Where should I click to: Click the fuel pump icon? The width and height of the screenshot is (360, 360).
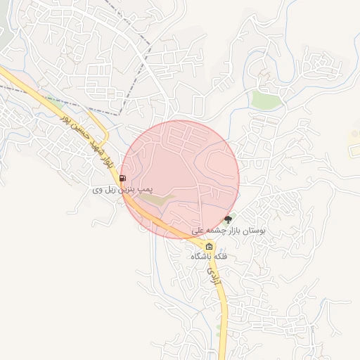click(124, 178)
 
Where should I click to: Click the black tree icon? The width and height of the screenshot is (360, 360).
click(227, 219)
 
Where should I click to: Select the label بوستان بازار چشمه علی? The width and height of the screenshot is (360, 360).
click(229, 231)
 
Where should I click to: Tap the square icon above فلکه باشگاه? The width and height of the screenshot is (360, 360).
click(209, 245)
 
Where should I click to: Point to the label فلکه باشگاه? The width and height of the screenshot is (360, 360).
click(210, 257)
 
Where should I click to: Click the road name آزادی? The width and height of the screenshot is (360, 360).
click(216, 272)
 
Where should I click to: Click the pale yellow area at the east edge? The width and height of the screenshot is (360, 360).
click(354, 146)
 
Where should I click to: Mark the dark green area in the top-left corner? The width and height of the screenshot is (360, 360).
click(4, 32)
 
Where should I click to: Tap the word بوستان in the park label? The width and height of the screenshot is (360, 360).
click(254, 231)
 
